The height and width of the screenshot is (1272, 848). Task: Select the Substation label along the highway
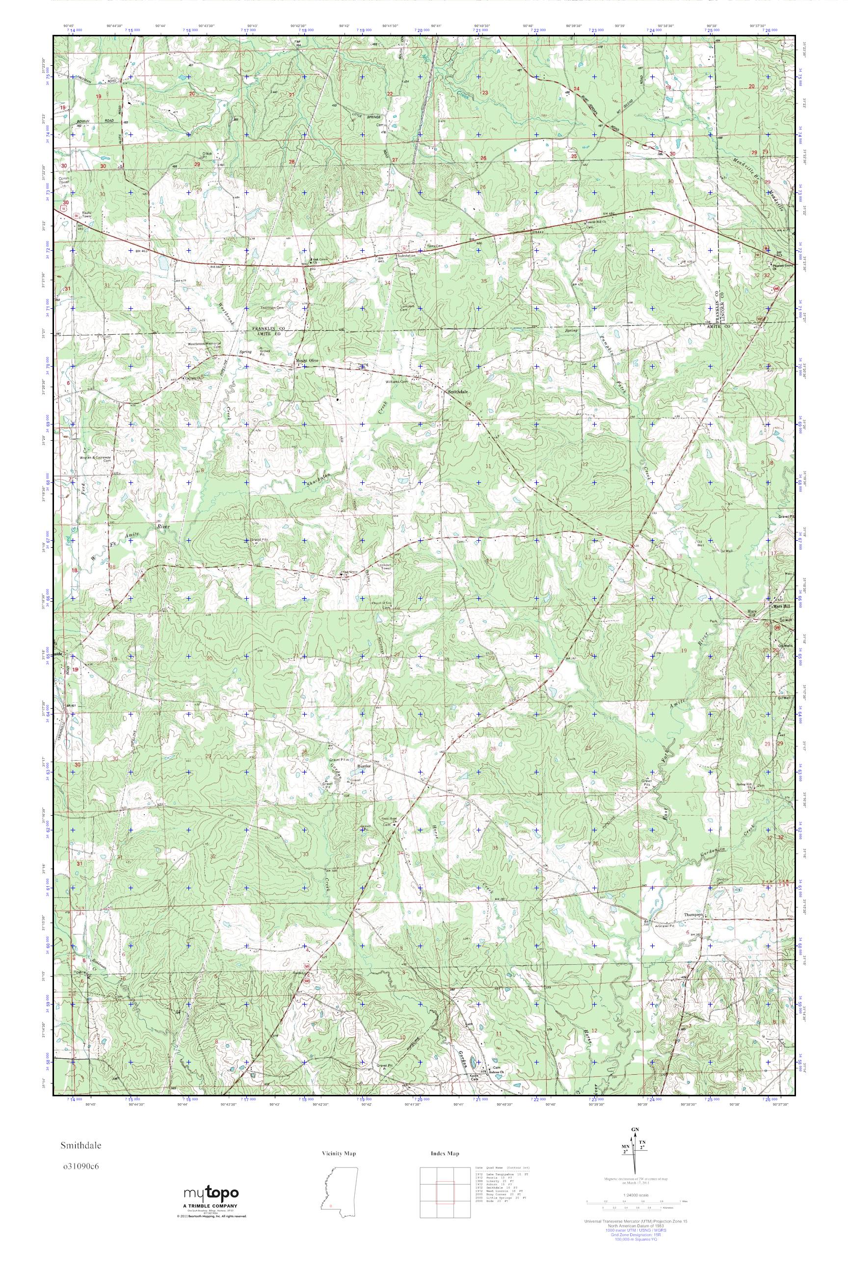click(406, 255)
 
